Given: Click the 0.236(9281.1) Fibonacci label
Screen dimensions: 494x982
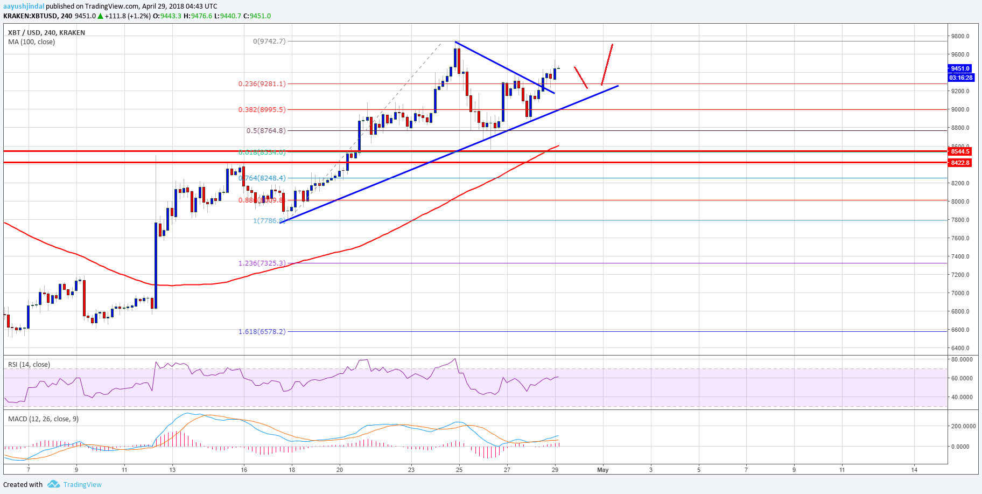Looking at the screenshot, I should pos(262,84).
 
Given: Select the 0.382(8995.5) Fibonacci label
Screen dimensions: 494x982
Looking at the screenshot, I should pos(262,109).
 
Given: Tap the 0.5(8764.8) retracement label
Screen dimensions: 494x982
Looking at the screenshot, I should pos(265,130).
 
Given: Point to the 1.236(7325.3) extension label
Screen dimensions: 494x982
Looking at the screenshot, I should pos(262,263).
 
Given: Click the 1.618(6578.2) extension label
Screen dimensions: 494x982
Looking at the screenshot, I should pos(262,331).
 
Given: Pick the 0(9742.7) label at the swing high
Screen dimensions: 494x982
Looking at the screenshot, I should pos(269,41).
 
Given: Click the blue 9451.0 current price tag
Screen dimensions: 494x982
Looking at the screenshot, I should pos(960,68).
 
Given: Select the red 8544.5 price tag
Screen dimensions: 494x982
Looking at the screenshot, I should pos(960,151).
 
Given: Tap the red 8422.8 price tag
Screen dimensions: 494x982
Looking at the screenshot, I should pos(960,163).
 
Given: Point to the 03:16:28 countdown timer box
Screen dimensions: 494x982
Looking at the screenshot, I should pos(960,78).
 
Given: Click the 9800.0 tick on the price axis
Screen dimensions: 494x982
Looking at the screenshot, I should pos(960,36).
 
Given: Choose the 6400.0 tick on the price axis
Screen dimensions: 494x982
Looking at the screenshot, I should pos(960,348).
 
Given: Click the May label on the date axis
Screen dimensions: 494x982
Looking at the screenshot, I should pos(602,470).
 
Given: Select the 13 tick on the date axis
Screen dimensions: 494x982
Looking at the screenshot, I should pos(172,470).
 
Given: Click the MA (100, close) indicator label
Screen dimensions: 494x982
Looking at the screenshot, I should pos(31,42).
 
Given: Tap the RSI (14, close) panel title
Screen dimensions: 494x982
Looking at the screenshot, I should pos(29,365).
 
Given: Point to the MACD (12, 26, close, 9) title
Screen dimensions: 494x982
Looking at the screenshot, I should pos(43,419).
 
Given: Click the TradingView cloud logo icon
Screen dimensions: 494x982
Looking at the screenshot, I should pos(53,484).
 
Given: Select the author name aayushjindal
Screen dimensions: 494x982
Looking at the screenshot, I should pos(24,6).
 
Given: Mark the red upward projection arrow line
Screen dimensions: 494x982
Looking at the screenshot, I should pos(607,64).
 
